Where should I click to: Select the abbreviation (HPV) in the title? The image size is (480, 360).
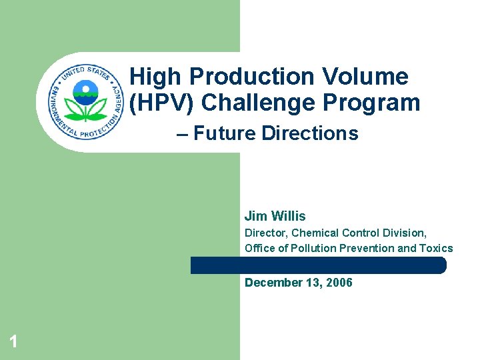pyautogui.click(x=161, y=103)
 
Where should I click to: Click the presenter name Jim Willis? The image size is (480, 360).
pyautogui.click(x=275, y=216)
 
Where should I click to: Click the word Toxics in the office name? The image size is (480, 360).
pyautogui.click(x=436, y=248)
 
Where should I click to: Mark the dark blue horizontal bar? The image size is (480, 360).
pyautogui.click(x=318, y=265)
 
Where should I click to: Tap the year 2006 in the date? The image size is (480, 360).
pyautogui.click(x=339, y=283)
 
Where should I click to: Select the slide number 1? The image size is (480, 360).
pyautogui.click(x=13, y=343)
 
